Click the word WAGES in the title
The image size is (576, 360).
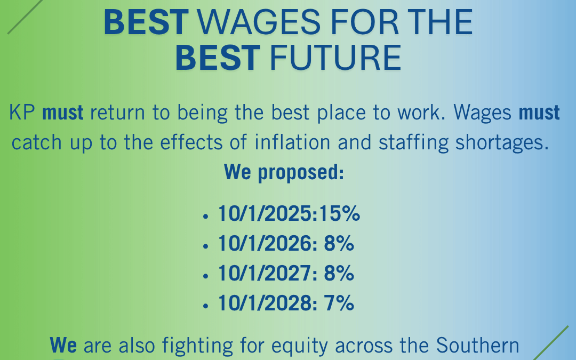(x=259, y=22)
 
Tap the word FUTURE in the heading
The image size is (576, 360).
(x=335, y=58)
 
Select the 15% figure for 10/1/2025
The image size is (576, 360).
(x=339, y=213)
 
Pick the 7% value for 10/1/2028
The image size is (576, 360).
(x=339, y=303)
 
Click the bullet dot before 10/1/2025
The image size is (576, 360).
(x=205, y=217)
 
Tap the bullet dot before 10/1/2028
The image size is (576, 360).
(x=205, y=306)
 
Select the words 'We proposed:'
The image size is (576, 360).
(x=284, y=172)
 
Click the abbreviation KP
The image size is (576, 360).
(x=22, y=112)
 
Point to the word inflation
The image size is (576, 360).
(x=292, y=142)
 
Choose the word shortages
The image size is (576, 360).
(x=502, y=143)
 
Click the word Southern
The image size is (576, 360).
(x=477, y=345)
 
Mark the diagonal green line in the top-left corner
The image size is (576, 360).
(x=25, y=17)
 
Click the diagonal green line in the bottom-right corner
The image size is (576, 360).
(x=550, y=343)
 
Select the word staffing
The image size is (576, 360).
(x=413, y=143)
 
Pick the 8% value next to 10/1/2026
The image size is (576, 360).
(x=339, y=244)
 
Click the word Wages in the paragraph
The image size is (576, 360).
(x=482, y=113)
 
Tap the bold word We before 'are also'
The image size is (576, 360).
(x=63, y=345)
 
